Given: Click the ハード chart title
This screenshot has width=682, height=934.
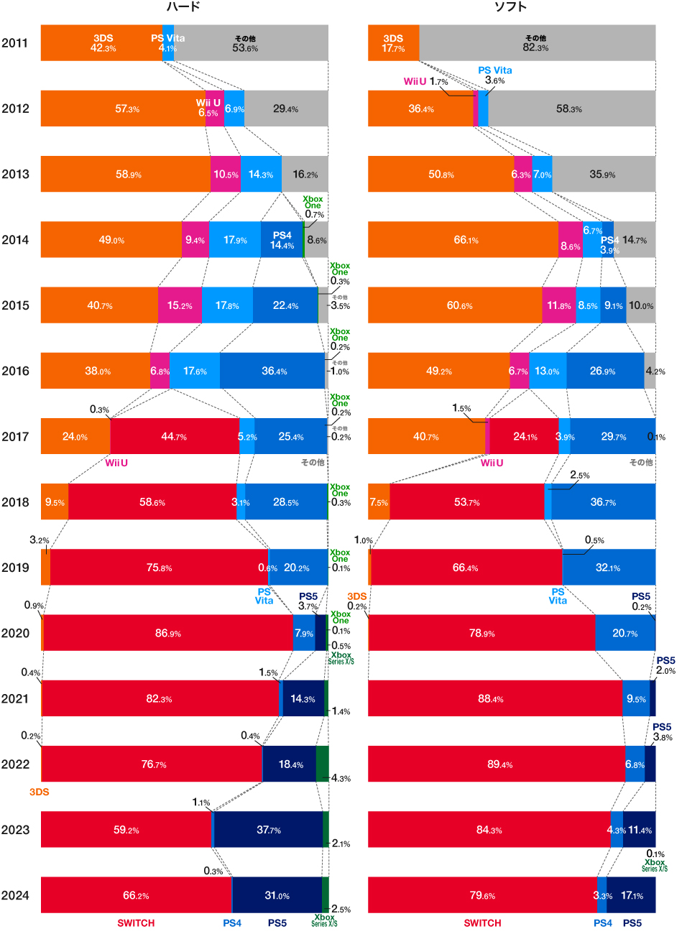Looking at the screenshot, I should tap(183, 7).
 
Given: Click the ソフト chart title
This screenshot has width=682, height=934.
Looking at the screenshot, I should tap(510, 7).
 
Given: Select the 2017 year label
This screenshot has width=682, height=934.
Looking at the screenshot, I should tap(15, 437).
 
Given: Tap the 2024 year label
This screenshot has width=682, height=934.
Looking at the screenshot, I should tap(15, 895).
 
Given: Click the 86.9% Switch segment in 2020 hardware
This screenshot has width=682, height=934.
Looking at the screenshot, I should tap(167, 633).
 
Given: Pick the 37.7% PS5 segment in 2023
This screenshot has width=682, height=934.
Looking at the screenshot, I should tap(269, 830).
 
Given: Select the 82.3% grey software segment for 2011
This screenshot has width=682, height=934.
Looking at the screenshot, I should tap(536, 43).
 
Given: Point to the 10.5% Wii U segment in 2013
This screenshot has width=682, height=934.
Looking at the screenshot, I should tap(226, 175).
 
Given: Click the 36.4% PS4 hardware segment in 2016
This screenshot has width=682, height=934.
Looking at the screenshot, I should tap(273, 371).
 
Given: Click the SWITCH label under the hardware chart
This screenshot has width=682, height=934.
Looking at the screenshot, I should tap(136, 923).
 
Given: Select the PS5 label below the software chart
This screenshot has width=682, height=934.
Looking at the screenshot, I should tap(632, 923).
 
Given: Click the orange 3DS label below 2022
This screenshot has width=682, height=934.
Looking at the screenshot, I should tap(39, 792).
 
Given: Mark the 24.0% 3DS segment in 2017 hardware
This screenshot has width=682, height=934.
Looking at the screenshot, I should tap(75, 437).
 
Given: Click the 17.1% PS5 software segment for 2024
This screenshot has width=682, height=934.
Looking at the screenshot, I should tap(631, 895).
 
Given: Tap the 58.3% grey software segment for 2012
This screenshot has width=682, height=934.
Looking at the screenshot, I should tap(571, 109).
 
